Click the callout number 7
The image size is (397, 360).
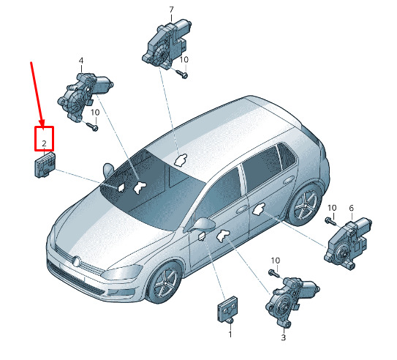[x=171, y=10]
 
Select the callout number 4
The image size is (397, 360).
[x=81, y=61]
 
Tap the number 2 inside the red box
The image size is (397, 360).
[x=44, y=143]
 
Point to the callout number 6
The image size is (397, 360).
[x=352, y=208]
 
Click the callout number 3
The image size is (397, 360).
[x=284, y=337]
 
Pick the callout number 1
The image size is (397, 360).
[x=230, y=334]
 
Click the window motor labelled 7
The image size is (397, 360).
[x=167, y=45]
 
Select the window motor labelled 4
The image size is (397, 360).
[x=84, y=97]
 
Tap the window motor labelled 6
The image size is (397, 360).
[x=347, y=244]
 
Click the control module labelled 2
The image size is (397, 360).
[x=45, y=165]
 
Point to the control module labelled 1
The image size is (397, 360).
[x=227, y=310]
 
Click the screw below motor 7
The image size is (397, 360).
[x=183, y=74]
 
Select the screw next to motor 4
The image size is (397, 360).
[x=92, y=127]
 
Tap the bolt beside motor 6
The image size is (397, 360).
[x=330, y=221]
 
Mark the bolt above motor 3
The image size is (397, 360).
[x=273, y=274]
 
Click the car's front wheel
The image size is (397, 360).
[x=165, y=282]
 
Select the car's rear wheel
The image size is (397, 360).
[x=305, y=204]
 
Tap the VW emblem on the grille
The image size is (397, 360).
[x=76, y=261]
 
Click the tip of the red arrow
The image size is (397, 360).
[x=42, y=126]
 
